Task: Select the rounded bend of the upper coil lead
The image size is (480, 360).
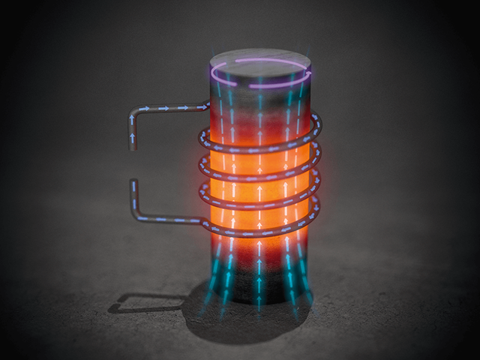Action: pyautogui.click(x=135, y=114)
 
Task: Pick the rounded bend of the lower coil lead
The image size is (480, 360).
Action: pyautogui.click(x=136, y=216)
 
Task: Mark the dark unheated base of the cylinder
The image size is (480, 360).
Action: pyautogui.click(x=259, y=289)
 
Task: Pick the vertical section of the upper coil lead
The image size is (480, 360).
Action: pyautogui.click(x=133, y=131)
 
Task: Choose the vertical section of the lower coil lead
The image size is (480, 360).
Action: pyautogui.click(x=134, y=199)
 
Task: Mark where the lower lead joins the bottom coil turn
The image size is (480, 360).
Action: pyautogui.click(x=202, y=223)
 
